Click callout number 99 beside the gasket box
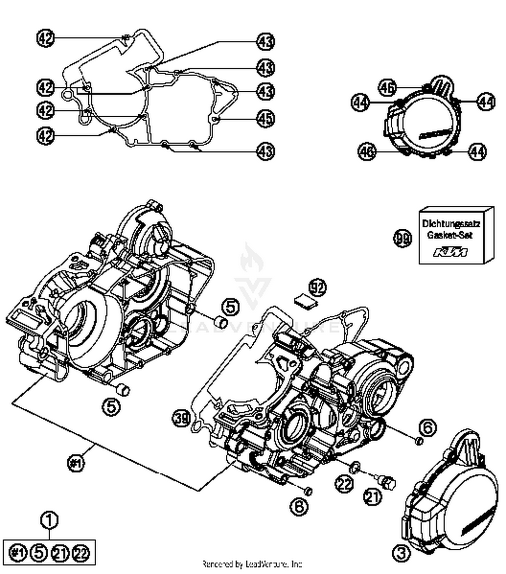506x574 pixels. (403, 238)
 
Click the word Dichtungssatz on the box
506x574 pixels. (451, 223)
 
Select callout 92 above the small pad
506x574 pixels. (317, 288)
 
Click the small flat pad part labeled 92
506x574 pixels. (305, 300)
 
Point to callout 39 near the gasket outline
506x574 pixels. (182, 418)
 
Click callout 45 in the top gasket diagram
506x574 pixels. (265, 118)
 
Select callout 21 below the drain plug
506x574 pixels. (373, 497)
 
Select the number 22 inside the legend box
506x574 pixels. (81, 552)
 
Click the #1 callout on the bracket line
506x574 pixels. (76, 463)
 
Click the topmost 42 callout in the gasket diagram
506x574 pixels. (45, 38)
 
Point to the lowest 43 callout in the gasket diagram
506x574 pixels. (265, 151)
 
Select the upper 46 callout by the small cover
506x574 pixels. (387, 88)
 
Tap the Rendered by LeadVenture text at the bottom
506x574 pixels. (252, 564)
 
